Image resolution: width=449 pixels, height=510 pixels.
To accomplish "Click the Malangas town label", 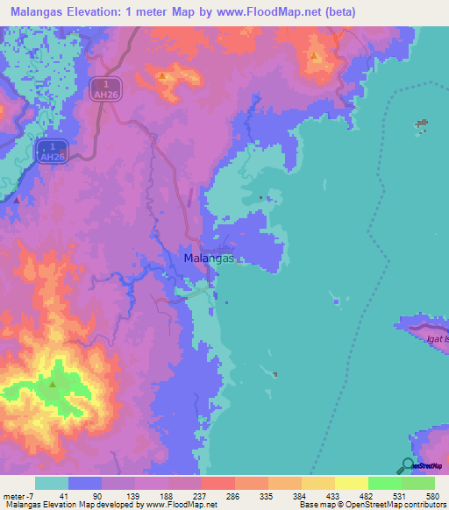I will click(210, 259).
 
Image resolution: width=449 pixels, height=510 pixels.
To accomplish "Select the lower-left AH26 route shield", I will click(53, 151).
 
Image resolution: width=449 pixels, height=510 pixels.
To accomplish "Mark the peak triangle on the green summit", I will click(53, 384).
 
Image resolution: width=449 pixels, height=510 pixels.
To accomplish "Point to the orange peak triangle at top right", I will click(313, 56).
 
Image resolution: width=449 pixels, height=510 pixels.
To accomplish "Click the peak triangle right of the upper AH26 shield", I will click(163, 76).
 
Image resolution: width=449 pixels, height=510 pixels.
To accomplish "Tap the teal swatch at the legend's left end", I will click(53, 483).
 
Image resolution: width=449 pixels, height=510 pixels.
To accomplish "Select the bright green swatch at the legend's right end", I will click(418, 483).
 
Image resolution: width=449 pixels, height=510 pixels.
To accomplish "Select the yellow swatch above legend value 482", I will click(352, 483).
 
